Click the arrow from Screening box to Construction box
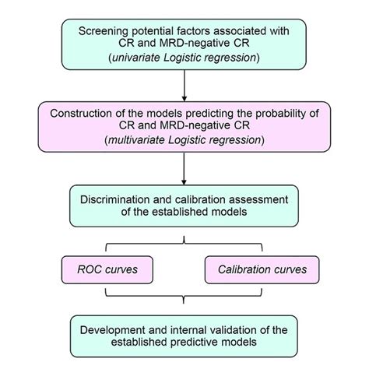click(x=184, y=85)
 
